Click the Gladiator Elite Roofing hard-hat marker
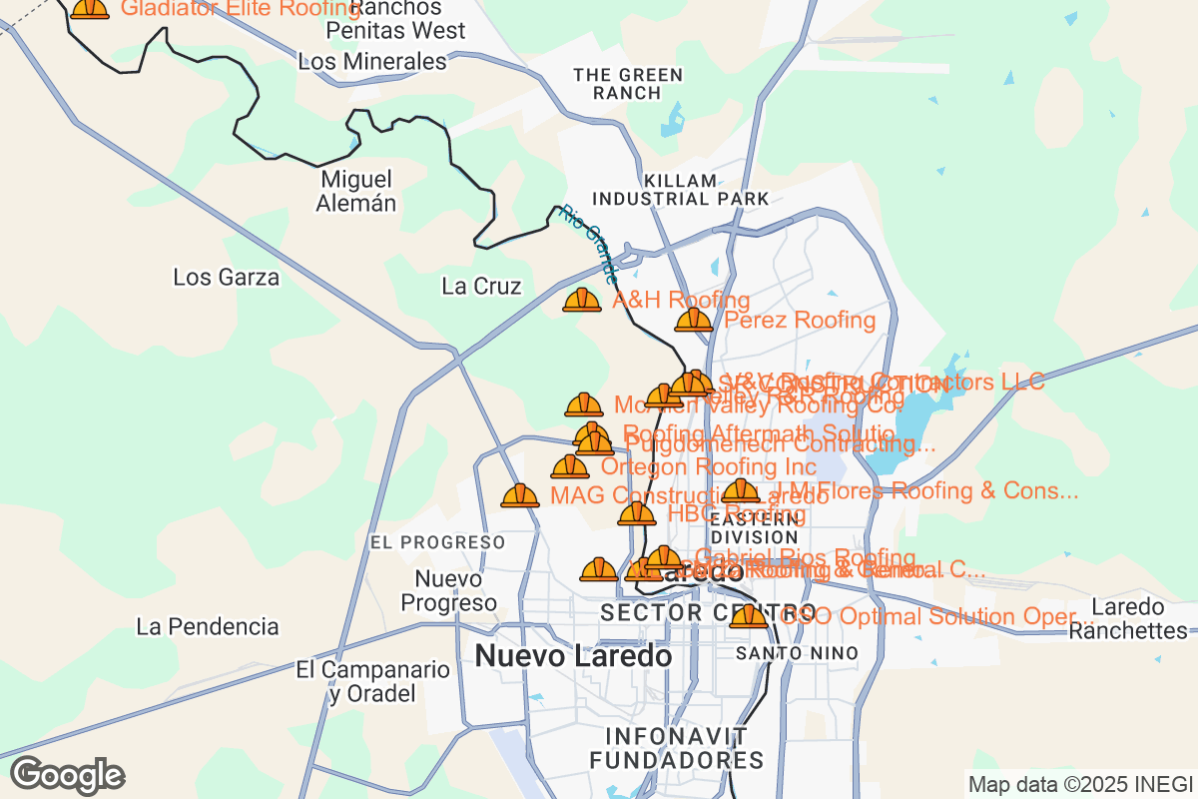coord(90,8)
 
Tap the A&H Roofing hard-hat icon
coord(582,300)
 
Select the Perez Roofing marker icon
coord(694,321)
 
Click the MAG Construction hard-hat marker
coord(520,495)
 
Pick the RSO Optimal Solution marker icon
coord(748,616)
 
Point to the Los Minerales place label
coord(372,62)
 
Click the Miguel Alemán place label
coord(357,192)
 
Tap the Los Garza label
coord(227,278)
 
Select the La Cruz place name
coord(481,287)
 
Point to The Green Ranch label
coord(628,84)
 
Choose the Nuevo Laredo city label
coord(573,656)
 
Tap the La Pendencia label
coord(208,627)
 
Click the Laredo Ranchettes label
coord(1139,618)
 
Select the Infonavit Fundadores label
coord(677,748)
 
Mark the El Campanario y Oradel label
coord(373,681)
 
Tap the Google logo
coord(68,775)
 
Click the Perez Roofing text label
coord(800,321)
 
